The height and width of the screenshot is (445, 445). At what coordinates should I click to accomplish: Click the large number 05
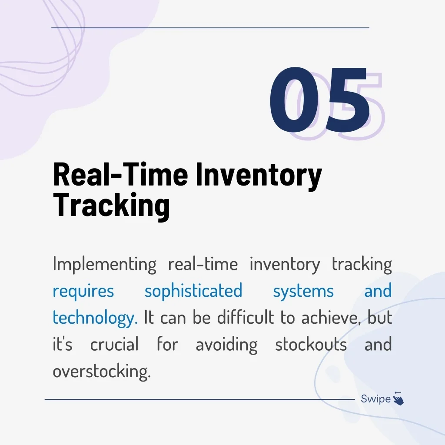tap(320, 100)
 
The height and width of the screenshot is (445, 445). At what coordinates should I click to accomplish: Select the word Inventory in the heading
tap(259, 176)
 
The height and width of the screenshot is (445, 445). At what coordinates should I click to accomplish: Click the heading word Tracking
tap(112, 206)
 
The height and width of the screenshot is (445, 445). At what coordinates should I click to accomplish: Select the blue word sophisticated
tap(193, 291)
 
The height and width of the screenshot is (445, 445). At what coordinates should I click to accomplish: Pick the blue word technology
tap(95, 318)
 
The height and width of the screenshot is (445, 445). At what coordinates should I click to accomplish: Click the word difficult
tap(246, 317)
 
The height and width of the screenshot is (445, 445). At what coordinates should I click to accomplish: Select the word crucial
tap(114, 344)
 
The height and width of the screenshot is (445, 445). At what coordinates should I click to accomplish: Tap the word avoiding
tap(226, 345)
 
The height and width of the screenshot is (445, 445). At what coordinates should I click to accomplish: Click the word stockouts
tap(311, 344)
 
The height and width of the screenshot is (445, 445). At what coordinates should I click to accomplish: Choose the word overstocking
tap(102, 371)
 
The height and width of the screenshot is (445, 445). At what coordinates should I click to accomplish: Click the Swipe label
tap(376, 399)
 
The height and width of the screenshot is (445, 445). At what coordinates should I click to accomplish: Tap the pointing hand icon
tap(399, 400)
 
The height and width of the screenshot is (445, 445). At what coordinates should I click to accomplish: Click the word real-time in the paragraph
tap(203, 264)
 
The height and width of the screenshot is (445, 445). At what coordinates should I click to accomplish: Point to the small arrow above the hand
tap(398, 393)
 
